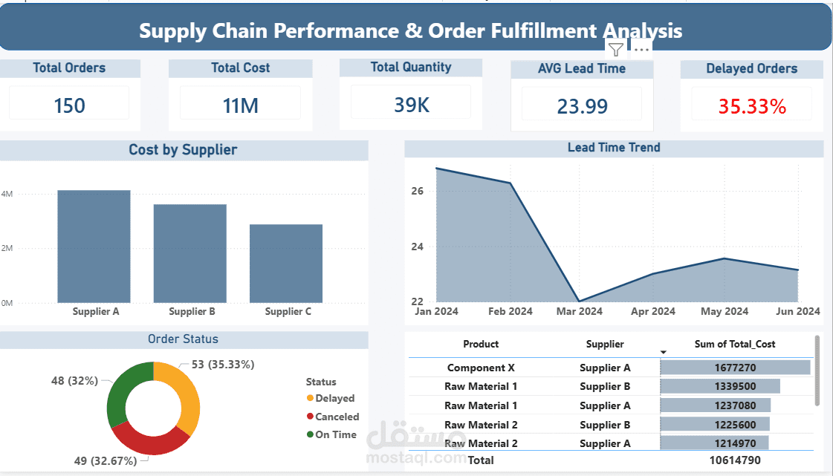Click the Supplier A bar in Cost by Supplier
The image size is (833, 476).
click(x=94, y=247)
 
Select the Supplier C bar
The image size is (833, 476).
click(x=286, y=263)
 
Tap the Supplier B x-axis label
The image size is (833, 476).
click(x=192, y=312)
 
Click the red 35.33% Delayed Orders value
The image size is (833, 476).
click(x=752, y=106)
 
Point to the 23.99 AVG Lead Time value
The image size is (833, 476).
click(x=582, y=106)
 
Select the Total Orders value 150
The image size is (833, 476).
click(x=69, y=105)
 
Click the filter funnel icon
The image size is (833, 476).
click(x=616, y=50)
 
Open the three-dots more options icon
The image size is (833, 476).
click(x=641, y=50)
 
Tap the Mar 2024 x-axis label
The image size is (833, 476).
click(x=580, y=312)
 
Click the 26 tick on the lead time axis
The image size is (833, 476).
click(x=417, y=191)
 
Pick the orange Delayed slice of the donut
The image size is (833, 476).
click(x=187, y=401)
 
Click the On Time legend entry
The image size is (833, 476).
click(x=335, y=434)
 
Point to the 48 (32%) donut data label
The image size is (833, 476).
click(x=74, y=381)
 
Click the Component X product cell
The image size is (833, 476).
click(x=481, y=368)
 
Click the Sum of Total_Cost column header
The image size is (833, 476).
click(x=735, y=344)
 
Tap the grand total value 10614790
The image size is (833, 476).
click(x=735, y=460)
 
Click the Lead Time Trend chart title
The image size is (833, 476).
click(x=614, y=148)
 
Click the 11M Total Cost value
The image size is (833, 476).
click(x=240, y=105)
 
